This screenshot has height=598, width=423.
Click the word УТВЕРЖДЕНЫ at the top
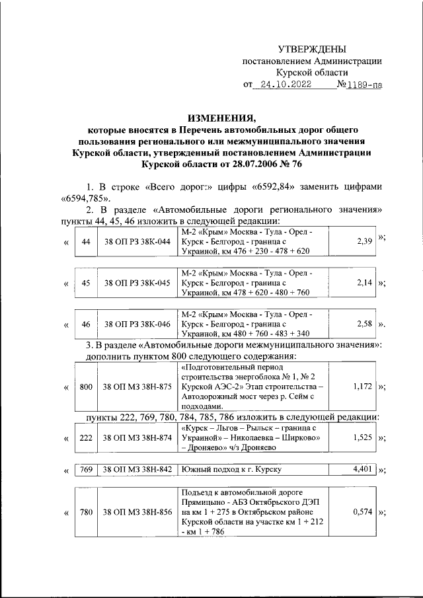click(311, 49)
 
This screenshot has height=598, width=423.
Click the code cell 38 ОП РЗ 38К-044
click(137, 243)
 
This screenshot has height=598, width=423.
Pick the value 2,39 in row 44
click(364, 242)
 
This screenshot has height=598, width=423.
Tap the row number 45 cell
click(85, 283)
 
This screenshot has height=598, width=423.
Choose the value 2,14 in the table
click(364, 283)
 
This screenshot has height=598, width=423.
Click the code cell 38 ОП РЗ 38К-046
click(137, 324)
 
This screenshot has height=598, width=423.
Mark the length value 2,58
click(364, 324)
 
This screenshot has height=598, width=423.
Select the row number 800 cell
click(85, 387)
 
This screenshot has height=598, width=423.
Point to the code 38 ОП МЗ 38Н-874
click(137, 438)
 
